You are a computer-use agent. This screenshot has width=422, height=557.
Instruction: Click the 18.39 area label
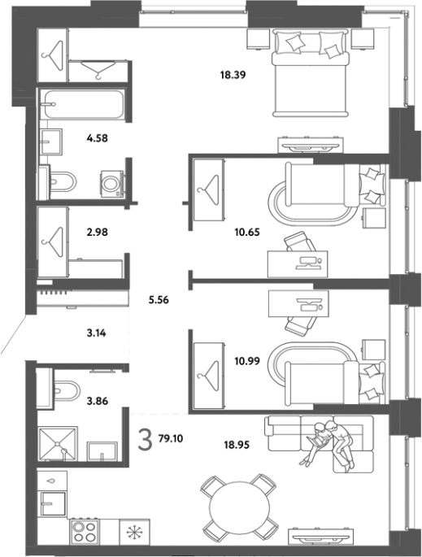click(233, 75)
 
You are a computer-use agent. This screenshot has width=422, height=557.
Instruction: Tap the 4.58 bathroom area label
click(97, 138)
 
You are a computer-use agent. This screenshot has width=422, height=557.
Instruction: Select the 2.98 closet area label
click(97, 232)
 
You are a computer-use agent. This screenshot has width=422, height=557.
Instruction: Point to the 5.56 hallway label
click(159, 300)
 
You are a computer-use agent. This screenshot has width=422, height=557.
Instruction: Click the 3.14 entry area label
click(96, 333)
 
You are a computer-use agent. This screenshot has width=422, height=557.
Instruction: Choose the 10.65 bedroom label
click(247, 233)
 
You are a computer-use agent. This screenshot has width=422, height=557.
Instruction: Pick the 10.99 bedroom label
click(247, 361)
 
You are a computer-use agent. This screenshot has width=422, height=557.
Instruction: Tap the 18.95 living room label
click(237, 445)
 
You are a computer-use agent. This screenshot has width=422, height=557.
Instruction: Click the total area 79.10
click(171, 439)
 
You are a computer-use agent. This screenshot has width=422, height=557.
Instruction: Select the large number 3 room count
click(145, 439)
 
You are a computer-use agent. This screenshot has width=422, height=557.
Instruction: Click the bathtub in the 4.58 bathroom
click(82, 104)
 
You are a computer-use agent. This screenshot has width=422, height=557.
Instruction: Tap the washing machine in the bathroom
click(112, 183)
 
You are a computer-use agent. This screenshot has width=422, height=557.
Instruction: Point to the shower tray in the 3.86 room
click(57, 444)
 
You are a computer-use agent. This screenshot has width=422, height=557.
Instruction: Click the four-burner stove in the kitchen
click(85, 532)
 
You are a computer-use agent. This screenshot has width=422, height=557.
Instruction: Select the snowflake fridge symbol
click(135, 532)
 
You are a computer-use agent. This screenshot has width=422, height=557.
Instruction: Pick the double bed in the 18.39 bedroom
click(310, 73)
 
